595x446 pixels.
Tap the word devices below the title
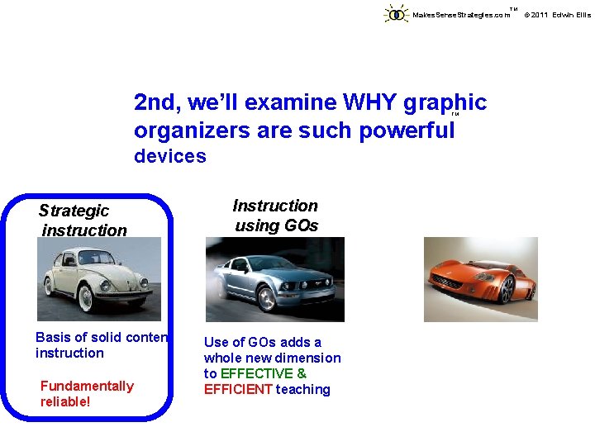[x=170, y=156]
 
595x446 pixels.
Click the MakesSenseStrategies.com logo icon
[x=397, y=14]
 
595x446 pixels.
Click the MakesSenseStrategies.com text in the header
[x=460, y=15]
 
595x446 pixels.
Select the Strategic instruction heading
[x=83, y=221]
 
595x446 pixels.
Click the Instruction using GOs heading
[x=275, y=216]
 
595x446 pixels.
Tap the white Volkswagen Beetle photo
[x=98, y=279]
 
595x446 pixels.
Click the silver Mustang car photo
[x=274, y=279]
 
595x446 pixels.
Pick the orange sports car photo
[x=480, y=279]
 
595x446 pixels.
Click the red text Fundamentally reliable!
[x=87, y=394]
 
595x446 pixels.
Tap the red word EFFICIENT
[x=239, y=390]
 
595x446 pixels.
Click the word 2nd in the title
[x=158, y=102]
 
